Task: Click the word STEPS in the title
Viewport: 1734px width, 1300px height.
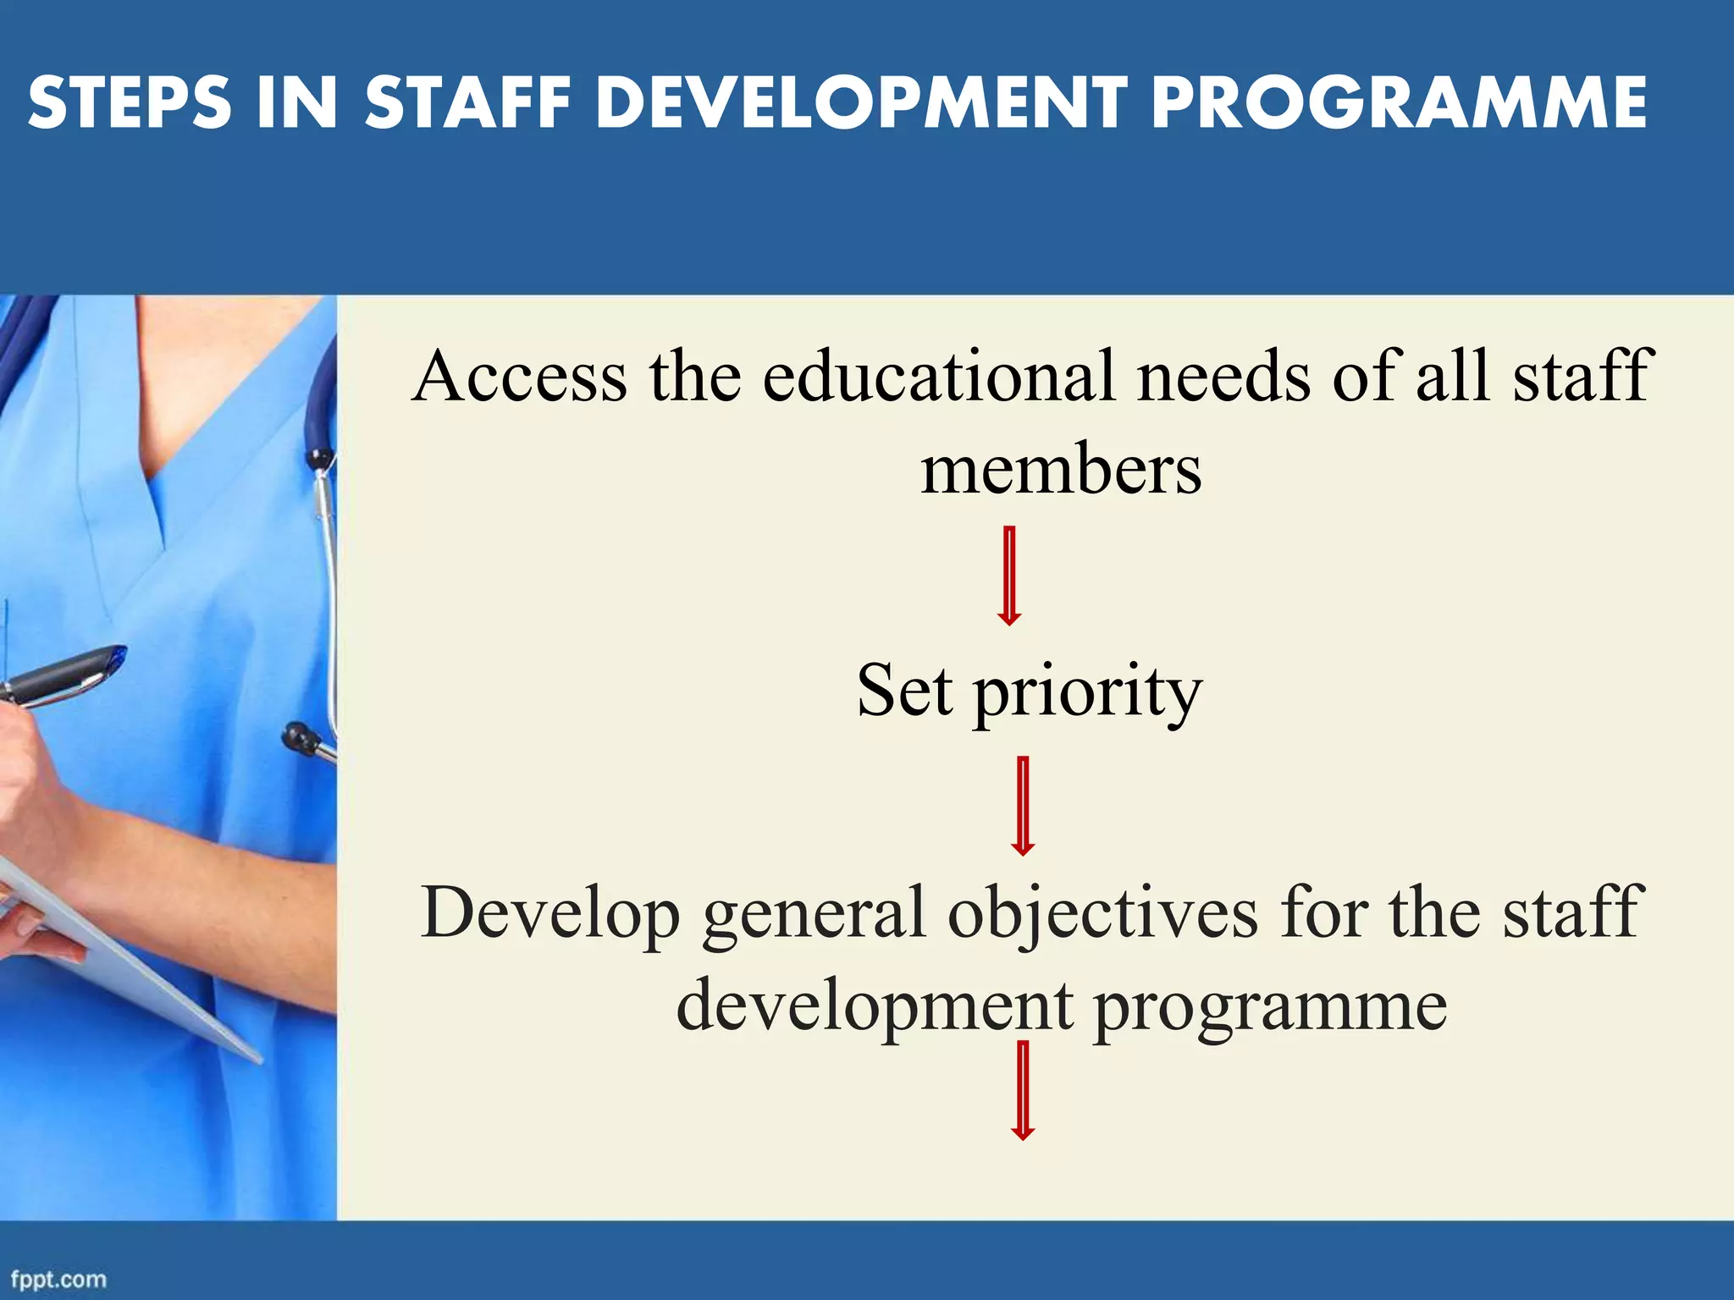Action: tap(130, 103)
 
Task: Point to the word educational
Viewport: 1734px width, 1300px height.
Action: tap(940, 377)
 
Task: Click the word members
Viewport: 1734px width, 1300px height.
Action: tap(1061, 471)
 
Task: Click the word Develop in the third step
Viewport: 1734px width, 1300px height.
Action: tap(550, 914)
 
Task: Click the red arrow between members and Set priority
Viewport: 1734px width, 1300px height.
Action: tap(1008, 576)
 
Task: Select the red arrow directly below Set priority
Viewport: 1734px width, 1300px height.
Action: tap(1023, 805)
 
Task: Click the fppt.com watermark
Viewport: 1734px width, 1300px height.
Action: tap(59, 1279)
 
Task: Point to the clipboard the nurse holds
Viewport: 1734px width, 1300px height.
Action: tap(127, 956)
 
